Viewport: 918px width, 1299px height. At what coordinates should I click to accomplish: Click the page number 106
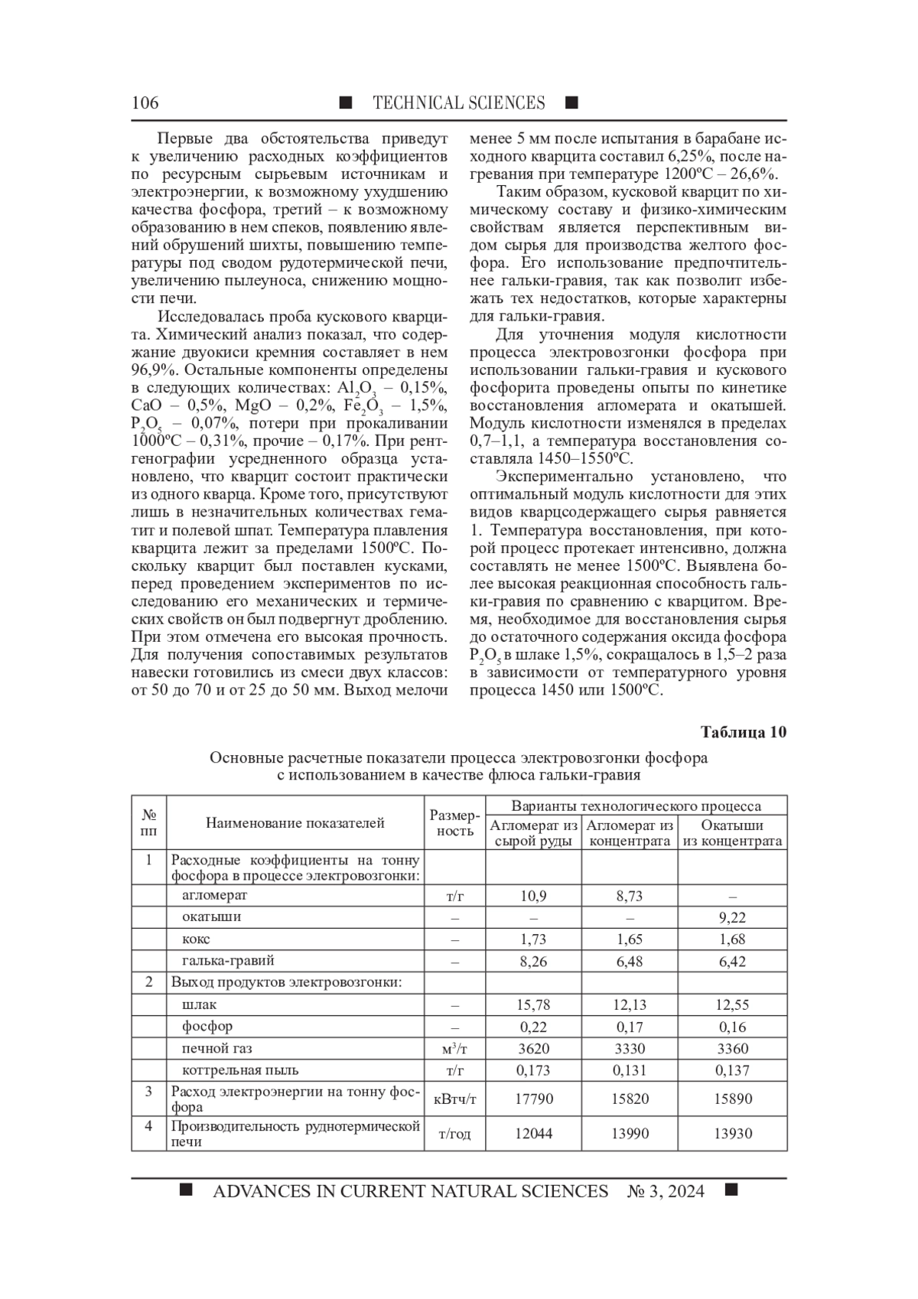(145, 103)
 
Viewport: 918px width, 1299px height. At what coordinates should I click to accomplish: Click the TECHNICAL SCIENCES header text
(458, 103)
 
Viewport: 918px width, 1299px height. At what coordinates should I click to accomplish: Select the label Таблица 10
(744, 732)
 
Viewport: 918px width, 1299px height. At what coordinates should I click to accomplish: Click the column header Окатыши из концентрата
(732, 833)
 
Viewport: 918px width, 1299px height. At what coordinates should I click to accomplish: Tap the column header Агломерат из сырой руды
(533, 833)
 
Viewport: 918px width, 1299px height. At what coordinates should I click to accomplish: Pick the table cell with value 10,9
(533, 896)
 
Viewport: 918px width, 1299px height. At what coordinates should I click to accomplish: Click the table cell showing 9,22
(732, 917)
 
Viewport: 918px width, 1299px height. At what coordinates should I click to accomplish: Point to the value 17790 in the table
(533, 1099)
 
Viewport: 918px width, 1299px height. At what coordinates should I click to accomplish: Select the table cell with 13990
(630, 1134)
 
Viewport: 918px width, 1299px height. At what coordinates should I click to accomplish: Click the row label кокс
(196, 939)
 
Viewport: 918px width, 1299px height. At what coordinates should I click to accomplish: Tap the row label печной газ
(216, 1048)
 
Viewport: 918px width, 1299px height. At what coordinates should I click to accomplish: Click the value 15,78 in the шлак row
(533, 1004)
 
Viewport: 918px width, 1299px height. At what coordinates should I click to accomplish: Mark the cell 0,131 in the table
(630, 1070)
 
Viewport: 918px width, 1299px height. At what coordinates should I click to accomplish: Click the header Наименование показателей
(295, 823)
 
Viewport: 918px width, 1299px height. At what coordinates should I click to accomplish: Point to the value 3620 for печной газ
(533, 1048)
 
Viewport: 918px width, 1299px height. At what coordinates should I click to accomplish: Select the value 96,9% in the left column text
(152, 370)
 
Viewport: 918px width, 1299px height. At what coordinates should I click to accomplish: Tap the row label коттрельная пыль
(240, 1070)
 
